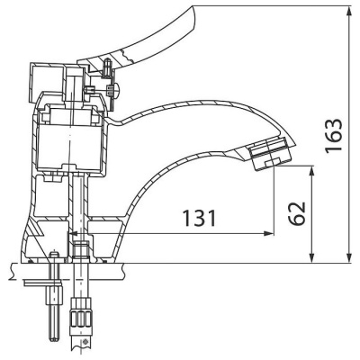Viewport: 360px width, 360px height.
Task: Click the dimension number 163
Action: click(x=334, y=137)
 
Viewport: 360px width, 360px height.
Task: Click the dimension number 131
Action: click(x=199, y=218)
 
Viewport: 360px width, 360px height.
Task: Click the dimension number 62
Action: click(x=297, y=213)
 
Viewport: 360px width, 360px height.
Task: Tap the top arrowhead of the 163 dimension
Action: click(x=349, y=12)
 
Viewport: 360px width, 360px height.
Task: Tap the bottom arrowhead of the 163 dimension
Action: click(x=349, y=257)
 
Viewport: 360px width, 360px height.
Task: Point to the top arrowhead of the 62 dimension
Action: click(x=312, y=172)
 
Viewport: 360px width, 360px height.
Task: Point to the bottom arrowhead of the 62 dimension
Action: click(x=312, y=257)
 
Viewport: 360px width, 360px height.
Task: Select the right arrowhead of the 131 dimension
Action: click(x=268, y=233)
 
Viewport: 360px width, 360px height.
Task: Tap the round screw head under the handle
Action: click(x=115, y=89)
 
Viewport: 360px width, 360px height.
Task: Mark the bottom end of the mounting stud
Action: click(x=54, y=338)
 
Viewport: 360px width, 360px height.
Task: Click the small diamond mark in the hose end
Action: click(x=85, y=342)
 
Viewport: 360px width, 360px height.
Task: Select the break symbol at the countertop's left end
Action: click(x=12, y=272)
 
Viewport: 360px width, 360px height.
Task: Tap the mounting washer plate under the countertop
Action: click(x=43, y=283)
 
